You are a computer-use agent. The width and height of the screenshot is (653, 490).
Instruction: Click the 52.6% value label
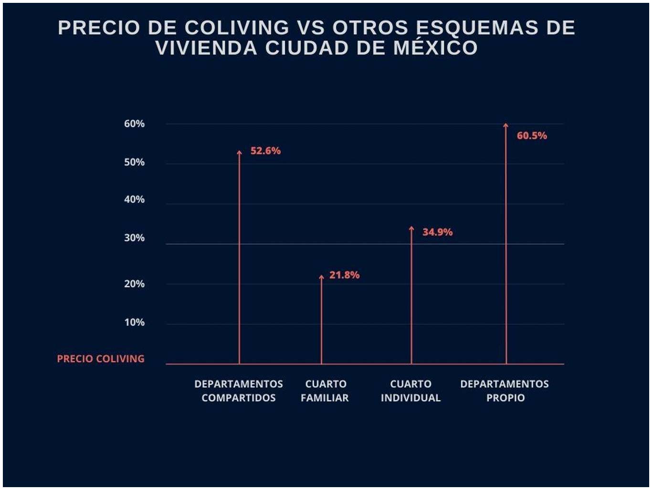(265, 151)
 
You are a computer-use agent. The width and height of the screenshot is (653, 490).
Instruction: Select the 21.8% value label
(344, 275)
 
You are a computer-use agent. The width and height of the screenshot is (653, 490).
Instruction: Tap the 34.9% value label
(437, 232)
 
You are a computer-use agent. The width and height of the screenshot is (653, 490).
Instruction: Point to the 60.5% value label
(532, 136)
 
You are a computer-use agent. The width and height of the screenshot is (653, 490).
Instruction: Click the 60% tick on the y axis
(134, 124)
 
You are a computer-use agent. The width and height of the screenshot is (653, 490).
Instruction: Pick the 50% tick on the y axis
(134, 162)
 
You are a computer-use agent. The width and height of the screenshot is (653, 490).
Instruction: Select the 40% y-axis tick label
(134, 200)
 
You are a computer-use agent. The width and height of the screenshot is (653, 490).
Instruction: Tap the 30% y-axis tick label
(134, 238)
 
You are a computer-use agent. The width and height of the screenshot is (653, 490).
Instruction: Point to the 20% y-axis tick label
(134, 284)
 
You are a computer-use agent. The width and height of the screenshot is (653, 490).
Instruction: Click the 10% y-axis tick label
(134, 322)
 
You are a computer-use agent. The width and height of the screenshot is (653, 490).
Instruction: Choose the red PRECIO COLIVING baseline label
(100, 359)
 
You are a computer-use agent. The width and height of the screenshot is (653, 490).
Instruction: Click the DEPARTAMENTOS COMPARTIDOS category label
(239, 391)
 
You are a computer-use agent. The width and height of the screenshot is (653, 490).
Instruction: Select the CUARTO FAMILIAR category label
(325, 391)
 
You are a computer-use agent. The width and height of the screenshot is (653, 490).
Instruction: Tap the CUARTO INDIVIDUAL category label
(411, 391)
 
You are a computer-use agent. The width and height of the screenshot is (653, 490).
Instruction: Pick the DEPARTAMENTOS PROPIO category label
(505, 391)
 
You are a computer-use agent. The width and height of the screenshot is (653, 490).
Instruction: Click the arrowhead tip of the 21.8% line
(321, 277)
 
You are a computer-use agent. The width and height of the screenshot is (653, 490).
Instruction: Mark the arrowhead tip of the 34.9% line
(411, 228)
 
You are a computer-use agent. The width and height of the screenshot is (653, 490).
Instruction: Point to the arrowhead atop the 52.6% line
(239, 152)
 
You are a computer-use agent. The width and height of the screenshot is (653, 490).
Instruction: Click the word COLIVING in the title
(237, 28)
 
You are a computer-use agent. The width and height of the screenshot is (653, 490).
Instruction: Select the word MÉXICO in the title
(435, 48)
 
